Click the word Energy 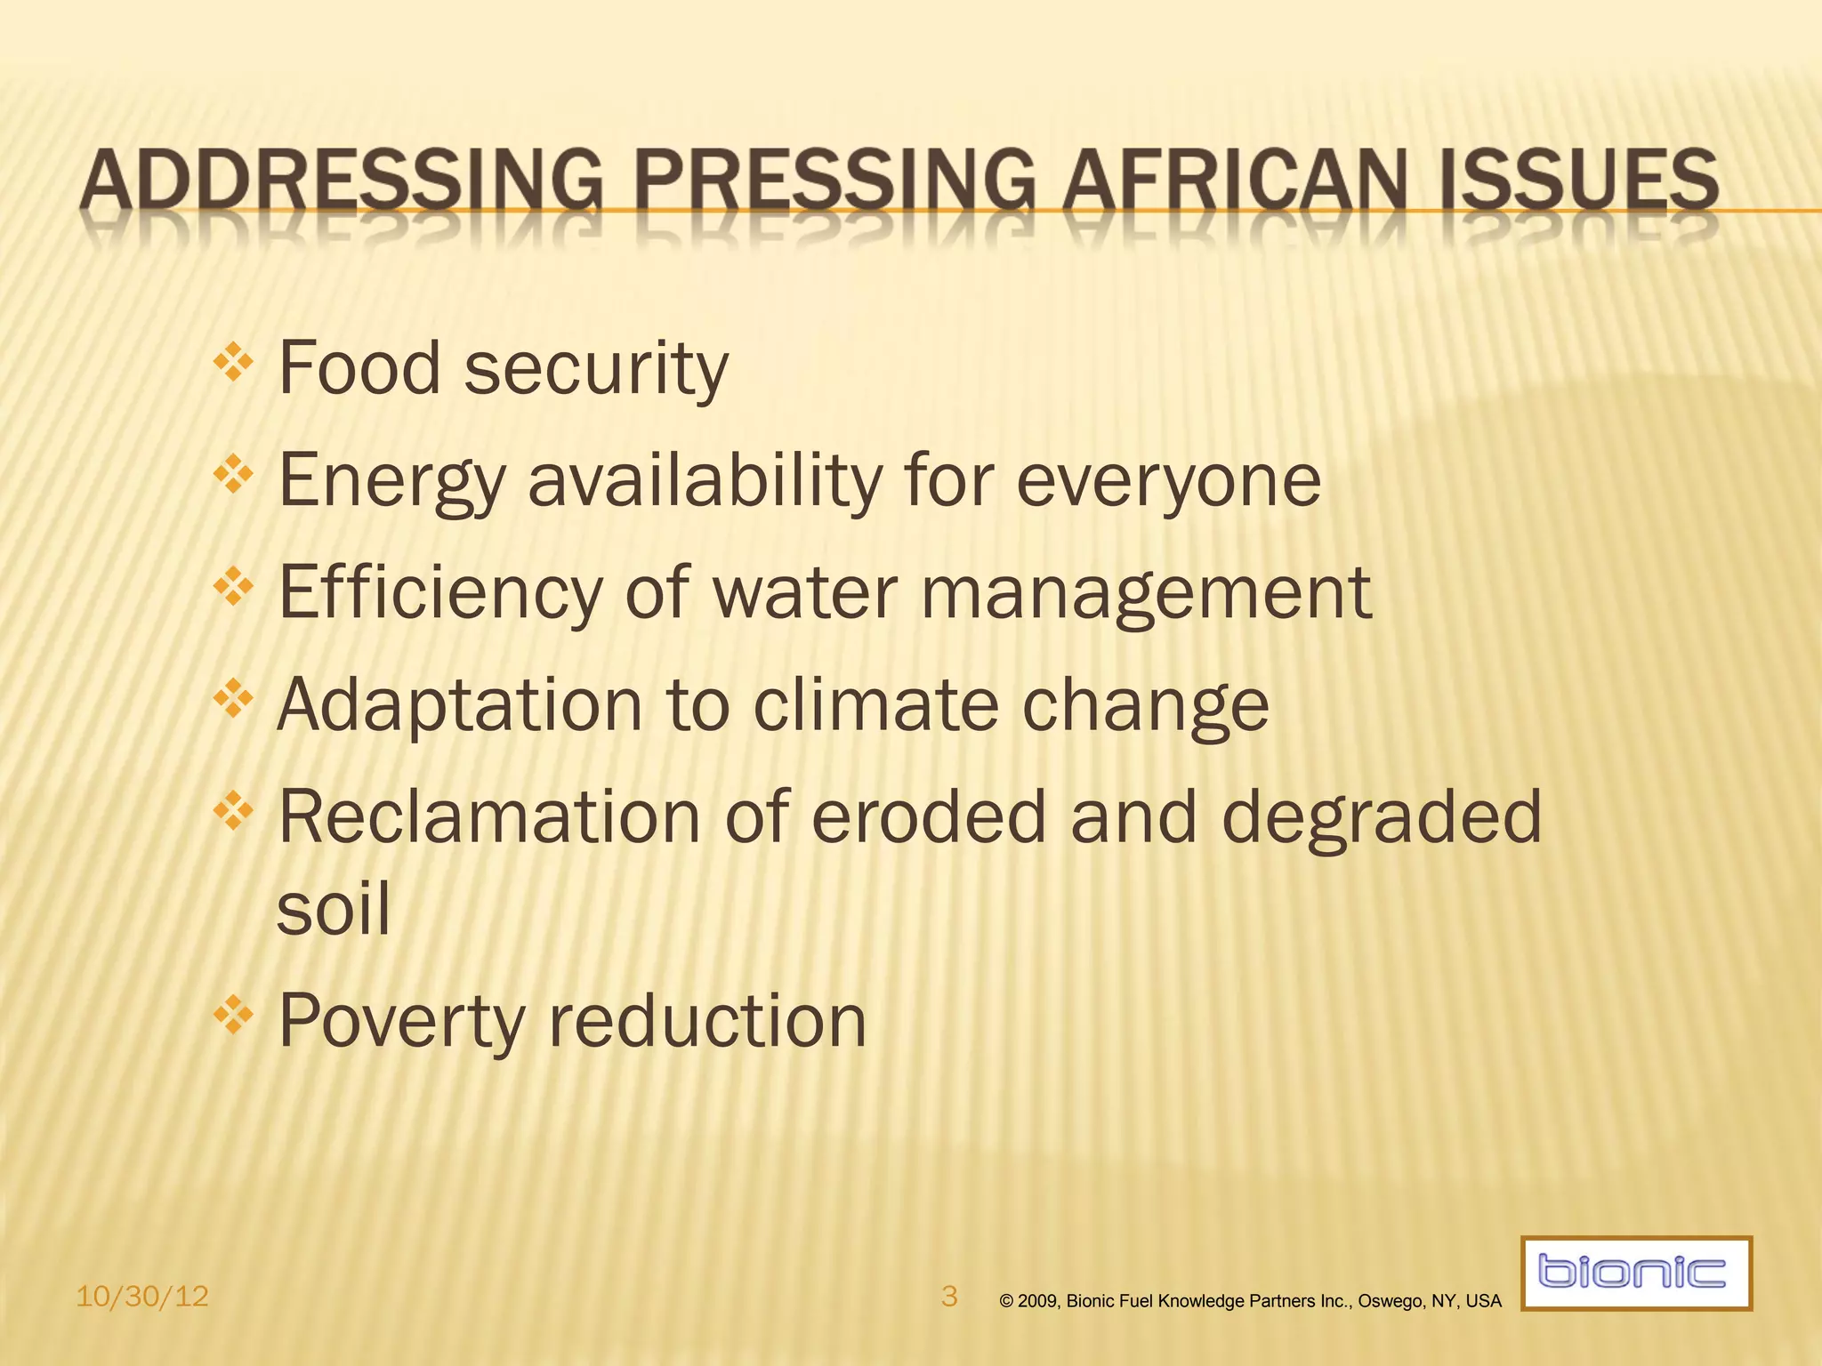pyautogui.click(x=391, y=482)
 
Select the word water pyautogui.click(x=805, y=593)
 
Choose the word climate pyautogui.click(x=876, y=705)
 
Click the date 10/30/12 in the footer pyautogui.click(x=142, y=1297)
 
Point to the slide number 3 pyautogui.click(x=949, y=1296)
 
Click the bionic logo pyautogui.click(x=1635, y=1273)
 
